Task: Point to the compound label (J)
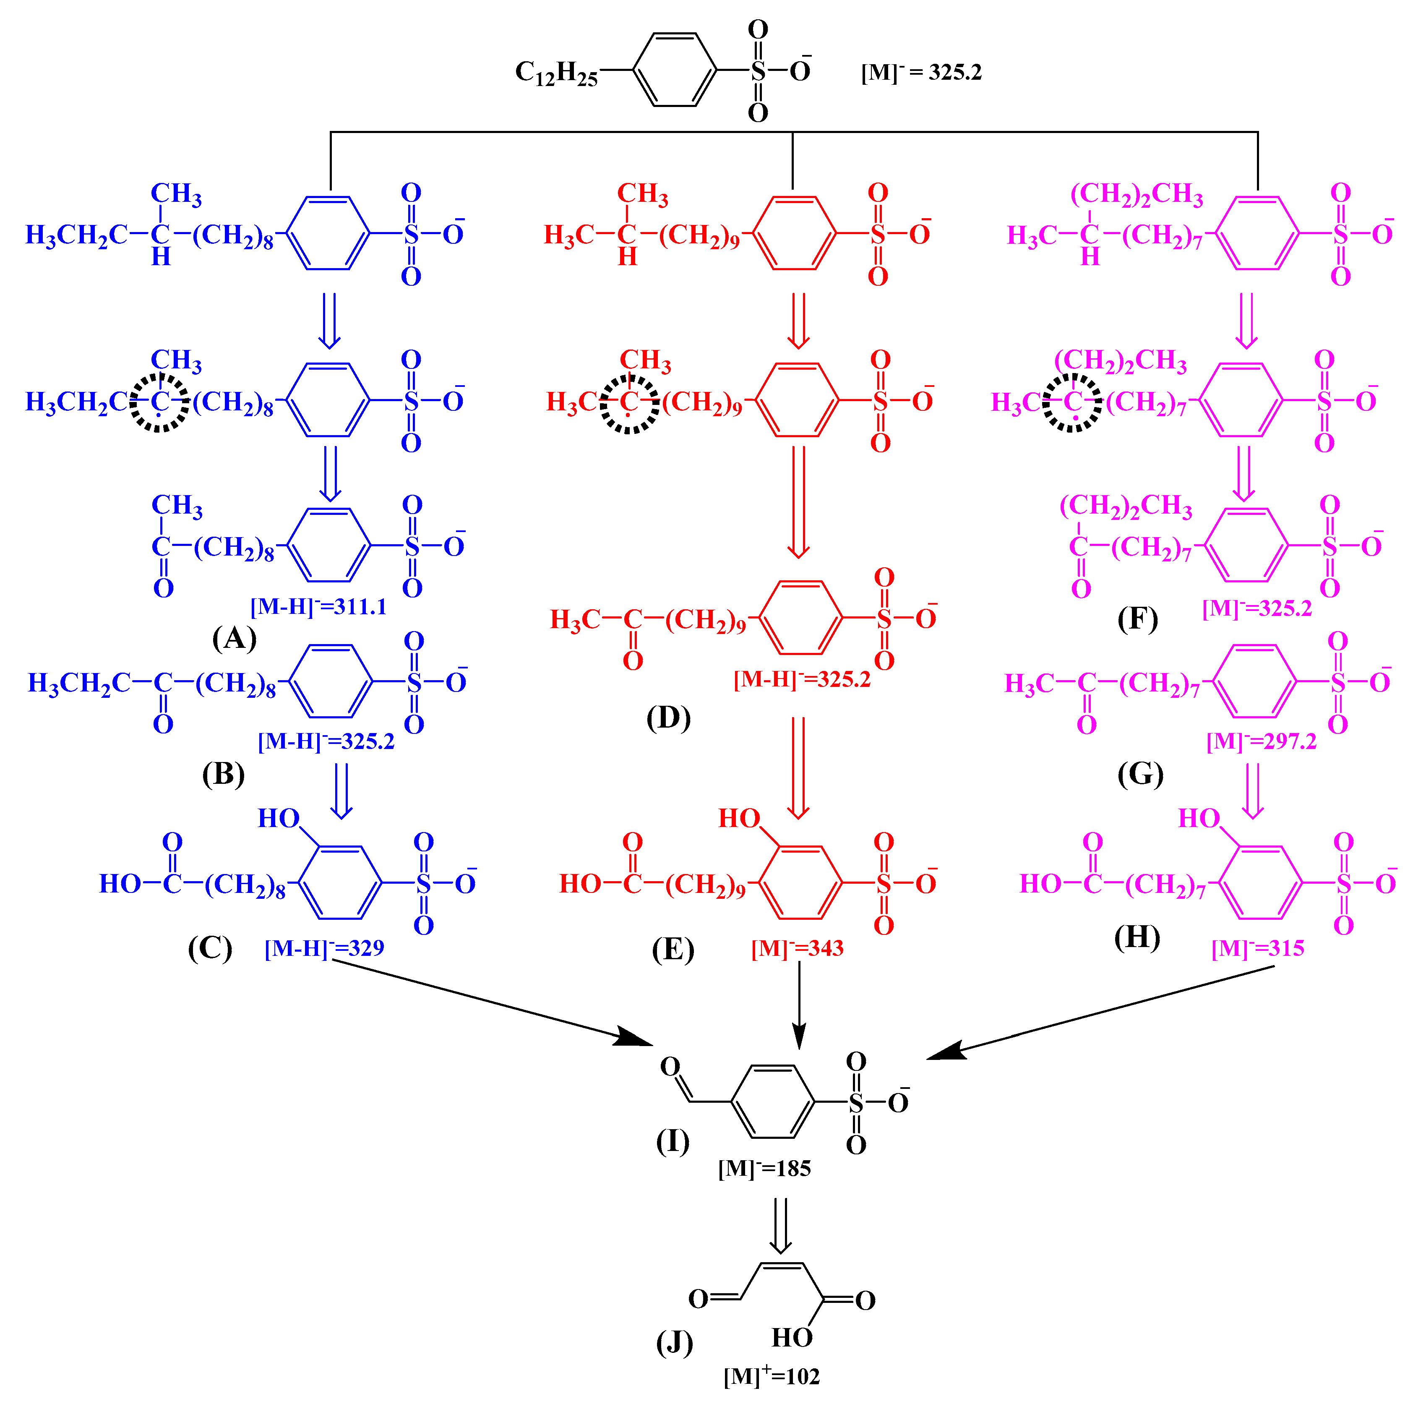pos(674,1342)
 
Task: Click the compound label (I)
pos(673,1141)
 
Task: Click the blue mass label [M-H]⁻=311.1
pos(318,607)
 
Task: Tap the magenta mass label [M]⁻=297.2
pos(1261,740)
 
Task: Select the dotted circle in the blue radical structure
pos(159,403)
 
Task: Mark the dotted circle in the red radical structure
pos(628,403)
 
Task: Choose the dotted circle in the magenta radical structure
pos(1072,403)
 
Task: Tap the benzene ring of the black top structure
pos(675,70)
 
